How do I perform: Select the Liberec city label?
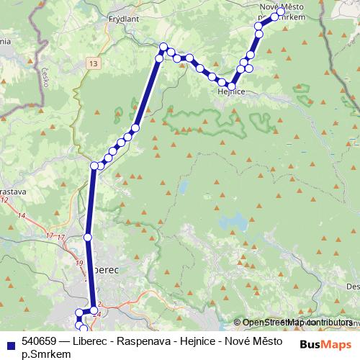click(x=104, y=268)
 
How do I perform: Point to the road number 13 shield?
click(x=94, y=64)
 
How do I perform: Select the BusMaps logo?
click(x=325, y=344)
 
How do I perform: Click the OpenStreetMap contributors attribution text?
click(x=297, y=323)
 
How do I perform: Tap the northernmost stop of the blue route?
click(x=280, y=12)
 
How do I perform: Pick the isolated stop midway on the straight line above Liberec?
click(x=88, y=237)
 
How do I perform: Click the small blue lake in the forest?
click(x=183, y=189)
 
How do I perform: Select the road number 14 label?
click(x=22, y=216)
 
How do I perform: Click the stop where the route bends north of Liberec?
click(x=94, y=166)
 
